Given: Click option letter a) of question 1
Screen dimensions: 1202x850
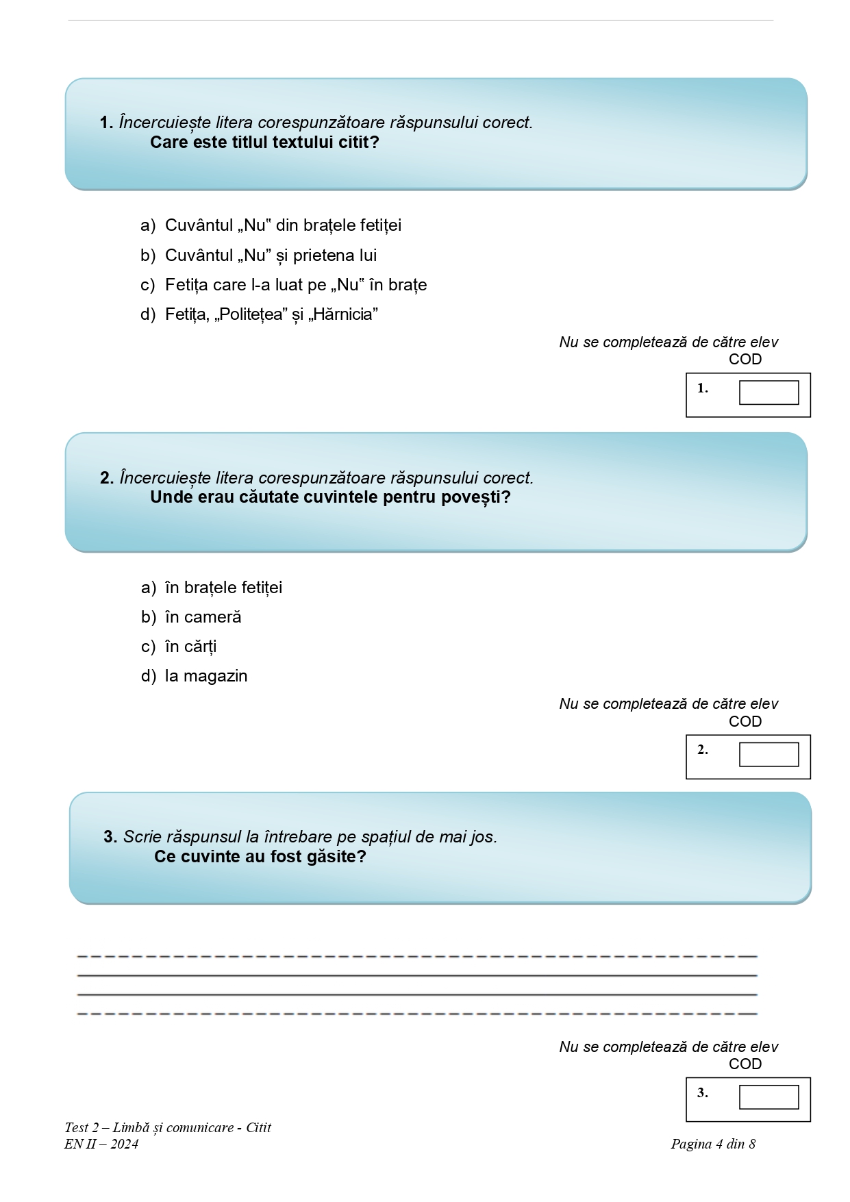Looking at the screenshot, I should click(147, 226).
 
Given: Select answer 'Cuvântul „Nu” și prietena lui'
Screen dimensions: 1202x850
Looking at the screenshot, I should click(271, 255).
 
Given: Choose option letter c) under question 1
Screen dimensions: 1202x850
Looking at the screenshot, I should click(147, 285).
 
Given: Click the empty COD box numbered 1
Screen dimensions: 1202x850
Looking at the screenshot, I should click(768, 393).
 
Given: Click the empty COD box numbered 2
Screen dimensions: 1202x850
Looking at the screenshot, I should click(768, 755).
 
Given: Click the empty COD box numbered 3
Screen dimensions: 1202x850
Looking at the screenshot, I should click(768, 1097).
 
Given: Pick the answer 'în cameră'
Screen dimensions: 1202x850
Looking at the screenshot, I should click(203, 617).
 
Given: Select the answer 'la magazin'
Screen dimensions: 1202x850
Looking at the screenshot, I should click(206, 676).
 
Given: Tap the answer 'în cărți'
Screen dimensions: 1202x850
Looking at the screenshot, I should click(190, 647).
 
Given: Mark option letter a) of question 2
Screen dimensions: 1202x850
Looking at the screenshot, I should click(148, 588).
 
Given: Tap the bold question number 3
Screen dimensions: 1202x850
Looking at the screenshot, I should click(110, 837).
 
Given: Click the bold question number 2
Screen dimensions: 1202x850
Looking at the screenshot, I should click(106, 478).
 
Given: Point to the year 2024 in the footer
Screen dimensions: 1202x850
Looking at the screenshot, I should click(124, 1144).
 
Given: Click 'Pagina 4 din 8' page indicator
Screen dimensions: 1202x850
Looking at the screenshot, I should click(713, 1144).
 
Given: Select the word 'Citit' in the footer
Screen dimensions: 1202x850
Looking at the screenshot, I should click(258, 1127).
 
